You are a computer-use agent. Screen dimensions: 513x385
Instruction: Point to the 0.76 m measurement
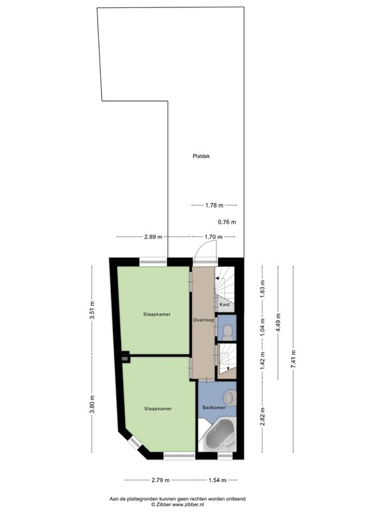click(x=227, y=222)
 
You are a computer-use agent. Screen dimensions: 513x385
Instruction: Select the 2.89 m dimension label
click(x=153, y=236)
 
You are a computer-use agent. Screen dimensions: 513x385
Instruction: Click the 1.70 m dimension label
click(x=214, y=236)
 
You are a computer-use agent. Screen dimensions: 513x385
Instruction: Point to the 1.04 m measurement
click(x=263, y=329)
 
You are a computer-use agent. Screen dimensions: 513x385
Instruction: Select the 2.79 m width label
click(x=160, y=480)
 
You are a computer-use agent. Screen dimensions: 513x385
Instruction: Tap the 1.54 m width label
click(x=215, y=480)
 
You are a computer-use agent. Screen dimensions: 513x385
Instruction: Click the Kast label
click(x=225, y=305)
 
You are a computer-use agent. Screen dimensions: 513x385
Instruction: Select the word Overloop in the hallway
click(x=203, y=320)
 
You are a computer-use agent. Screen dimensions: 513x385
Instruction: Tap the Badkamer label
click(x=214, y=407)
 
